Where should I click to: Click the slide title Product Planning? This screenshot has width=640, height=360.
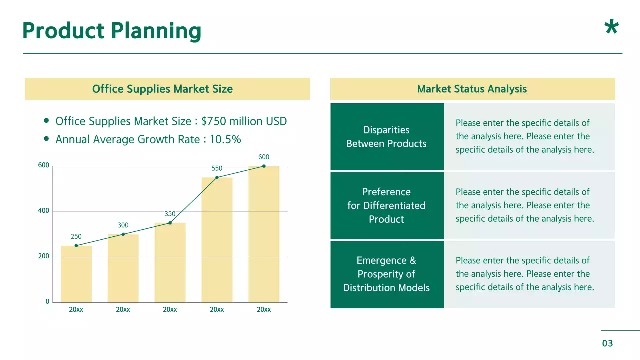112,31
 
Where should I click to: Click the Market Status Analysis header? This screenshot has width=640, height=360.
472,89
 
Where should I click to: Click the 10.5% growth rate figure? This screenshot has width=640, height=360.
225,139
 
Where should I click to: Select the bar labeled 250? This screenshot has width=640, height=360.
76,275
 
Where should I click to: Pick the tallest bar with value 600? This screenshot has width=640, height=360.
264,235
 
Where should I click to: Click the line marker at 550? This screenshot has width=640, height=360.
217,177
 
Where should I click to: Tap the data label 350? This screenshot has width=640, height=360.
170,214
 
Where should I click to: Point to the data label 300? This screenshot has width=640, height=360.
123,225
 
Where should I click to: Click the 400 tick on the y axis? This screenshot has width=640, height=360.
44,211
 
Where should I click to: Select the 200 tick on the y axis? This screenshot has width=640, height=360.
44,256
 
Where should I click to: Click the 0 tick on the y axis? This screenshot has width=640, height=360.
47,302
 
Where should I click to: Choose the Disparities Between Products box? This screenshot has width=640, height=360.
387,137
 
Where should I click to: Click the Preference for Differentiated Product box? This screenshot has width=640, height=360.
387,205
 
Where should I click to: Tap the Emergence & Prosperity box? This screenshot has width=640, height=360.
387,274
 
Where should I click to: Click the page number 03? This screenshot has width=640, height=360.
607,343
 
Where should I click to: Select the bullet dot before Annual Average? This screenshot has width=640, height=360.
46,139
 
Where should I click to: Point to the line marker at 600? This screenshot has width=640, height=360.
264,166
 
